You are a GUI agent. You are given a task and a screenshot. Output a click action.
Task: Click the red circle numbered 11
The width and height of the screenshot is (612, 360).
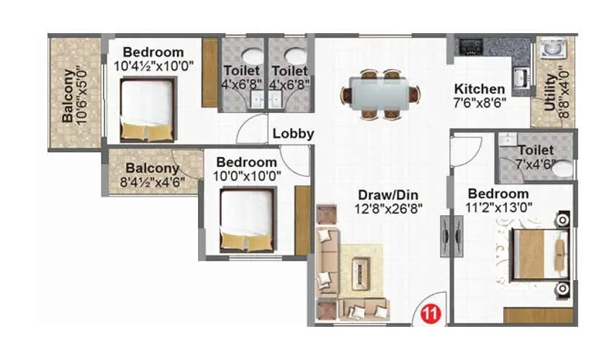tap(431, 313)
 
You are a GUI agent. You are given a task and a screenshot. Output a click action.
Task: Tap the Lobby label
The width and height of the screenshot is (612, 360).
tap(293, 133)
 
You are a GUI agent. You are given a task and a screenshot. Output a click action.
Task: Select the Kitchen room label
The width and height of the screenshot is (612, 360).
tap(479, 89)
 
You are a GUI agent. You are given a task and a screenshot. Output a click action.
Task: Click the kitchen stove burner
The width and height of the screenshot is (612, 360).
tap(472, 48)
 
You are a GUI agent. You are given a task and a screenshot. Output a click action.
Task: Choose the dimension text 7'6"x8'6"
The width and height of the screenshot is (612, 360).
tap(480, 102)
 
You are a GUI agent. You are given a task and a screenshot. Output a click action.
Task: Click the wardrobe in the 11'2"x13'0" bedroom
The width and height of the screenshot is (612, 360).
tap(538, 315)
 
